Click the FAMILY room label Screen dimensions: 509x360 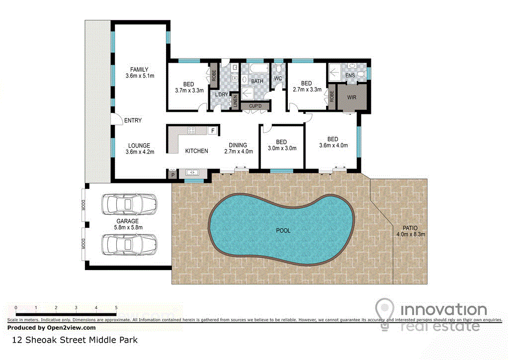[x=139, y=70]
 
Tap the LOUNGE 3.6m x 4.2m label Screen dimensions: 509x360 [x=140, y=149]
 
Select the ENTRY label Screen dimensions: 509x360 [x=133, y=120]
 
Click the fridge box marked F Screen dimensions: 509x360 [x=213, y=130]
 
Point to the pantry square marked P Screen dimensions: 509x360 [x=173, y=175]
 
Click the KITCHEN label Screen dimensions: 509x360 [x=196, y=151]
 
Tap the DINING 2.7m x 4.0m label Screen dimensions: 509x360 [x=238, y=148]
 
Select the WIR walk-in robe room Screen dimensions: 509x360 [x=352, y=97]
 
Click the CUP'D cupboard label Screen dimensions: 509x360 [x=255, y=106]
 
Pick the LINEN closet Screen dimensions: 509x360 [x=235, y=100]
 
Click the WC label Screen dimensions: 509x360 [x=278, y=79]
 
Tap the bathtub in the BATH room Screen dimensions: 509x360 [x=259, y=69]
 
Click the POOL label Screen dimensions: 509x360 [x=283, y=231]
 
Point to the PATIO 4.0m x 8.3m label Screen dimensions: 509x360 [x=410, y=231]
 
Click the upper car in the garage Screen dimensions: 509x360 [x=129, y=204]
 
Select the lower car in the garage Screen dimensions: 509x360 [x=129, y=244]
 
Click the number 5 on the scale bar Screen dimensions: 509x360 [x=116, y=308]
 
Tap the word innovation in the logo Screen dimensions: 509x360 [x=444, y=310]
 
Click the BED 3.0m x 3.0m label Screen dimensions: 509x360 [x=282, y=145]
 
